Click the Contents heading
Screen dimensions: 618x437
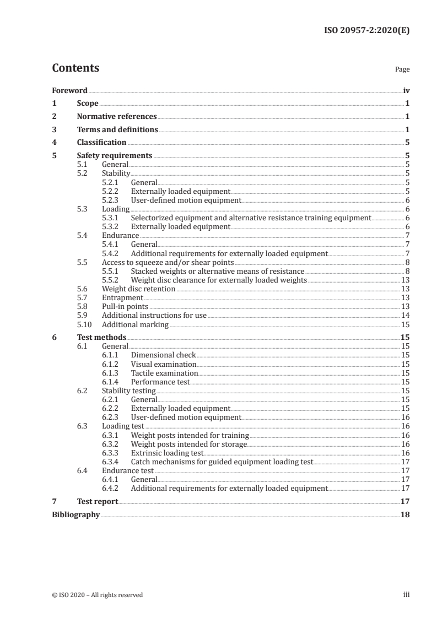coord(75,68)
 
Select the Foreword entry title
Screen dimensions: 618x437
coord(69,90)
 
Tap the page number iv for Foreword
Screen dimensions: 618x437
coord(406,90)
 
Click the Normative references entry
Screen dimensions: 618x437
coord(117,116)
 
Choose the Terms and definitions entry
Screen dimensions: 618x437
coord(117,129)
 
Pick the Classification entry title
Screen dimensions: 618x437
coord(101,142)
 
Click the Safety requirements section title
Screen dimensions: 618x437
coord(115,155)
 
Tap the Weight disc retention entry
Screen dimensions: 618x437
coord(138,288)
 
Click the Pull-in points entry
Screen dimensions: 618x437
coord(125,306)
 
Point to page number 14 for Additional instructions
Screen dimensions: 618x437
coord(405,315)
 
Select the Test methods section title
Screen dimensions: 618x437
coord(101,337)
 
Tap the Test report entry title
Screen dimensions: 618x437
coord(97,502)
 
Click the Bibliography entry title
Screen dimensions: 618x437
coord(75,515)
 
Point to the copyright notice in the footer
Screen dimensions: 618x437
coord(97,595)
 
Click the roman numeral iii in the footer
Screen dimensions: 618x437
coord(406,595)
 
